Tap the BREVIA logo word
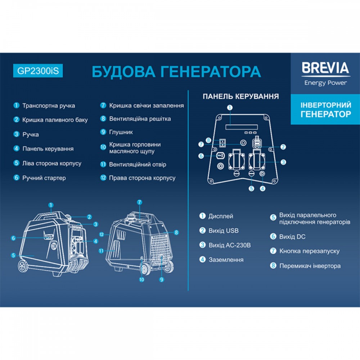tap(325, 68)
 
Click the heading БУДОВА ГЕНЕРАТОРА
tap(176, 71)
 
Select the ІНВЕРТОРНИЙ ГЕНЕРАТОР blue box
tap(325, 109)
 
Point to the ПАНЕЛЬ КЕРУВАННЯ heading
tap(241, 96)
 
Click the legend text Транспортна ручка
tap(49, 106)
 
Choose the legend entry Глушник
tap(121, 132)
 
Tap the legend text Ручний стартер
tap(44, 178)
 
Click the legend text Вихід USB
tap(224, 231)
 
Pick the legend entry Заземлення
tap(226, 260)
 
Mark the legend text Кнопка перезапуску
tap(309, 251)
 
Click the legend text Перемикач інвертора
tap(310, 266)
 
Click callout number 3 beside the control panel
tap(283, 162)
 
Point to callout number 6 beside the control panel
tap(201, 156)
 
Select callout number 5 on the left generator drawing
tap(13, 255)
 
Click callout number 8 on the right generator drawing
tap(176, 233)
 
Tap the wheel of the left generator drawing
tap(23, 267)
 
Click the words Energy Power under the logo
tap(325, 83)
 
